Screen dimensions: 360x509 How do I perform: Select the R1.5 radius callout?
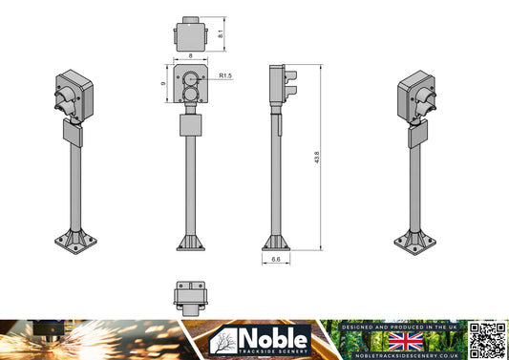pyautogui.click(x=226, y=74)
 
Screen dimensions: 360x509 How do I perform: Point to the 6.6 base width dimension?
pyautogui.click(x=275, y=258)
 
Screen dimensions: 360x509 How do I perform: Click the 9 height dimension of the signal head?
pyautogui.click(x=164, y=84)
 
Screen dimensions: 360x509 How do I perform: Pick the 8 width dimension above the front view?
pyautogui.click(x=191, y=57)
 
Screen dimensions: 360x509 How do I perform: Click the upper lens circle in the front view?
pyautogui.click(x=191, y=78)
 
